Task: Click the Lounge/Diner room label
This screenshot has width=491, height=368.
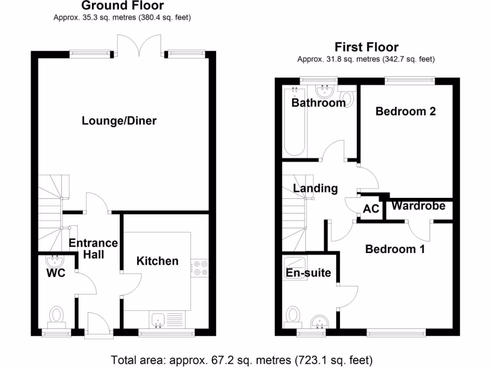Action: tap(119, 121)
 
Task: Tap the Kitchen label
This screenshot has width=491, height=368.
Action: tap(157, 261)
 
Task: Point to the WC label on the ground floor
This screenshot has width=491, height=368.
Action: tap(56, 274)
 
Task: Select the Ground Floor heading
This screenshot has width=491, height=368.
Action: tap(122, 6)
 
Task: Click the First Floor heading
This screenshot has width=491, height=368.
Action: tap(366, 47)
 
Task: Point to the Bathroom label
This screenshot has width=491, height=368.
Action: tap(318, 103)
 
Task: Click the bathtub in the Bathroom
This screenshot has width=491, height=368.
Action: tap(294, 122)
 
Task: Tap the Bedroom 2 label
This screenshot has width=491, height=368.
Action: tap(405, 111)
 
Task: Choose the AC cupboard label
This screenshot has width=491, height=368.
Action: tap(371, 209)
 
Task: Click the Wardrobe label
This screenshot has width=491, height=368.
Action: tap(419, 206)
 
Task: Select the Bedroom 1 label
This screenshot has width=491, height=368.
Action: tap(395, 249)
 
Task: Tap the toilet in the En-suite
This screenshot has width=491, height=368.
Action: tap(292, 316)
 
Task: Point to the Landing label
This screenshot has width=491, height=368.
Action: tap(315, 188)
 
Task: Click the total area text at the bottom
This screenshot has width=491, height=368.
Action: tap(242, 359)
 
